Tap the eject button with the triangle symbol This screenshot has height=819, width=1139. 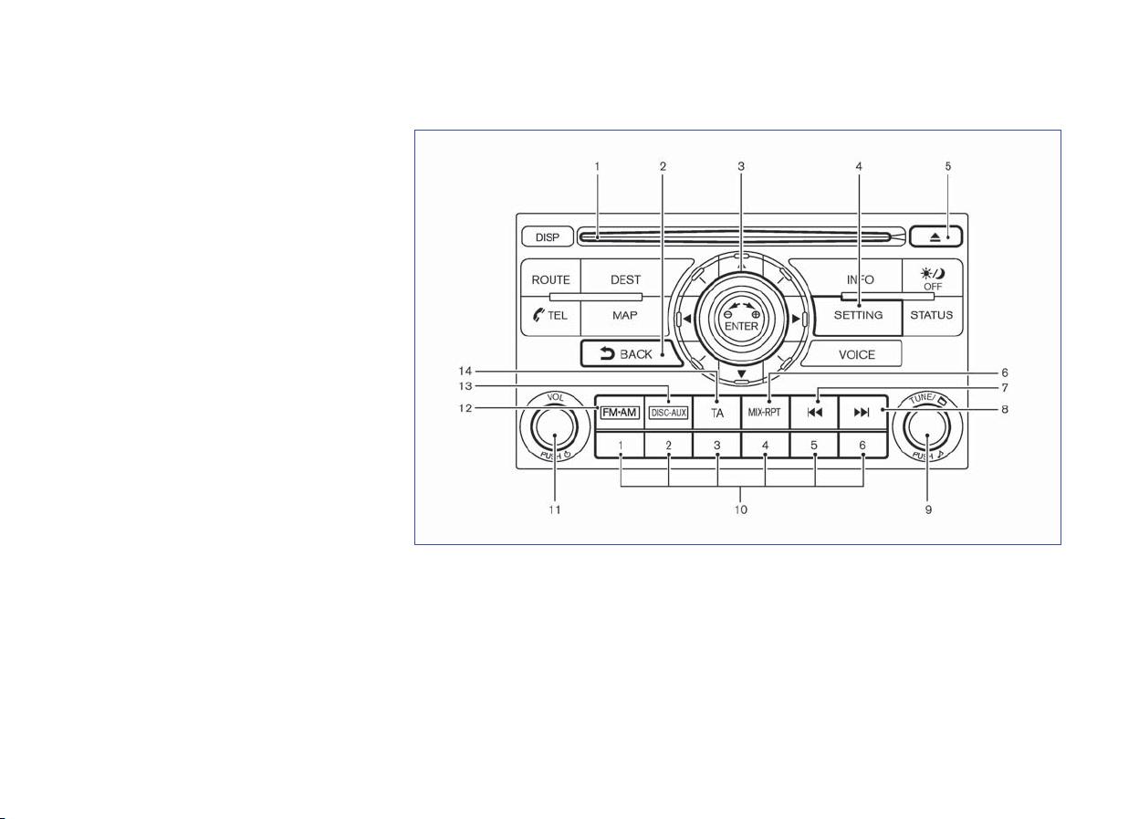point(935,236)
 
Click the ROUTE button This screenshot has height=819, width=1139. point(550,278)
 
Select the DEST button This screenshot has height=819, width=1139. point(625,278)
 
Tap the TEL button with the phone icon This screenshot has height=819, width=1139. point(550,316)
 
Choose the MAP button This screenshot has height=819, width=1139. point(624,316)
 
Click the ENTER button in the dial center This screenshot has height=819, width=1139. point(741,320)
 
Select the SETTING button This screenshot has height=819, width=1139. point(858,316)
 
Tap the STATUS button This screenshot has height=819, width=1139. point(932,316)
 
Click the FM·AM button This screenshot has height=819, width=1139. point(620,413)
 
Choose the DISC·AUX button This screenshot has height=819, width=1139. point(669,413)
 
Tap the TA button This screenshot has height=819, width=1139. point(717,413)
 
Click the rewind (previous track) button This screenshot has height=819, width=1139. point(814,413)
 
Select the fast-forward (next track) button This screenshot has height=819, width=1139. point(862,413)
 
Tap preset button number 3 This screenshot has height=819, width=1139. point(717,446)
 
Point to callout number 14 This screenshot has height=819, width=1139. point(465,371)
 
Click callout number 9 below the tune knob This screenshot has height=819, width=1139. point(928,509)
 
